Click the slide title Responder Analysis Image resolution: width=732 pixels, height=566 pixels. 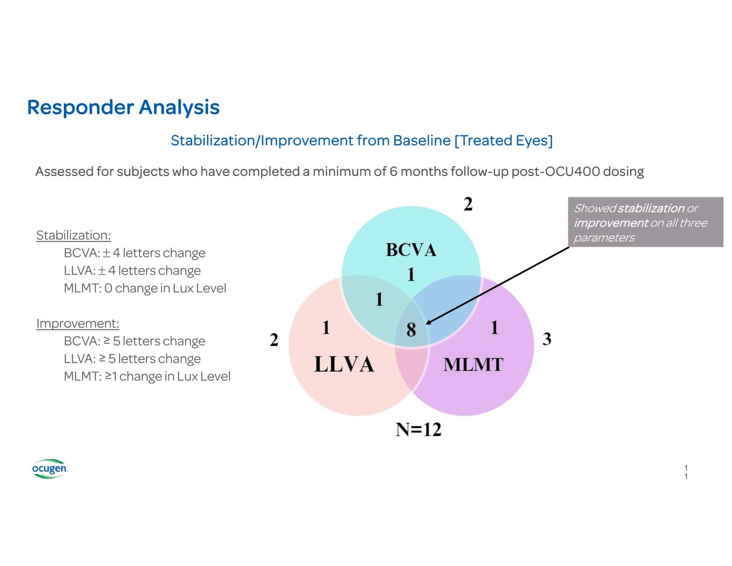pyautogui.click(x=123, y=107)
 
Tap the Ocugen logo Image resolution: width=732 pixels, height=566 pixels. pyautogui.click(x=49, y=468)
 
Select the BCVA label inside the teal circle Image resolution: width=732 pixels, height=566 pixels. pyautogui.click(x=411, y=250)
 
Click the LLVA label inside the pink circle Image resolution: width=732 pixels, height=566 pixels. pyautogui.click(x=344, y=364)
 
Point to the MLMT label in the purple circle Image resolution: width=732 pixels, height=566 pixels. pyautogui.click(x=473, y=365)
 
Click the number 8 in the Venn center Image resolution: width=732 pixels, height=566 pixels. pyautogui.click(x=411, y=329)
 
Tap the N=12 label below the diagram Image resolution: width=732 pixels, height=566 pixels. pyautogui.click(x=418, y=429)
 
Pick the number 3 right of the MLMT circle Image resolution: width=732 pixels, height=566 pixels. pyautogui.click(x=546, y=339)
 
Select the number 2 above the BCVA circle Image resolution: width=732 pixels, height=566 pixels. pyautogui.click(x=468, y=204)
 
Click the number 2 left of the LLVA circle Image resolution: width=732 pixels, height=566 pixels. pyautogui.click(x=274, y=340)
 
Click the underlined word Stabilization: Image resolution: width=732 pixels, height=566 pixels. pyautogui.click(x=73, y=235)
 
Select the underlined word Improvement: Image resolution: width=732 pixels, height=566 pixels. pyautogui.click(x=78, y=324)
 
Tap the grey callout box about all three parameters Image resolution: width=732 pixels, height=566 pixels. pyautogui.click(x=645, y=222)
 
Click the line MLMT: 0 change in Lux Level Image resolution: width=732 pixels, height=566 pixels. pyautogui.click(x=145, y=288)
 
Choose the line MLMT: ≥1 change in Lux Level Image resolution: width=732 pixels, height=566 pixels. pyautogui.click(x=147, y=376)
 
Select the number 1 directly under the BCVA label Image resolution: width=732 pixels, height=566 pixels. pyautogui.click(x=411, y=275)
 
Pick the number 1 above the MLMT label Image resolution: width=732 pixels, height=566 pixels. pyautogui.click(x=494, y=327)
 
